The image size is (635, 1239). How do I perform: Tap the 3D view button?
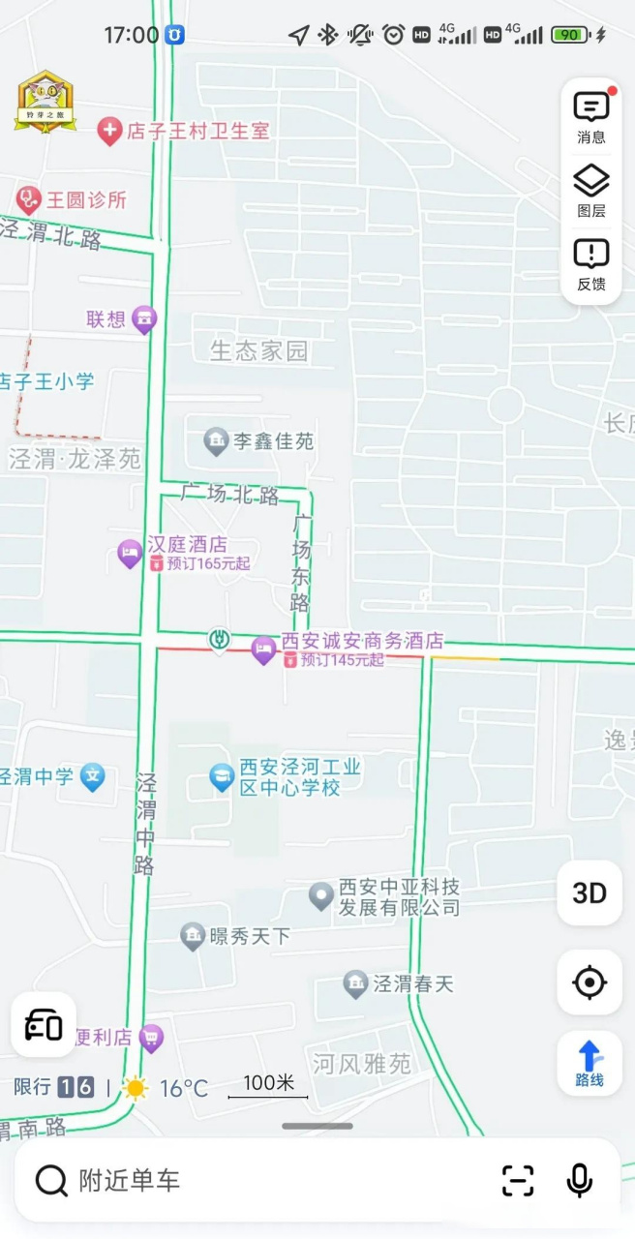(590, 892)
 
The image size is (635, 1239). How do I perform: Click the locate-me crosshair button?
(590, 982)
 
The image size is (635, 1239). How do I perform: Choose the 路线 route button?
(590, 1063)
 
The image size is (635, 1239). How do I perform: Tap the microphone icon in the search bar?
(579, 1180)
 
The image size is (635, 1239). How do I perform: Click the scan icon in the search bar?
(518, 1180)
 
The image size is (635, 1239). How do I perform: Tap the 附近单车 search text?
(129, 1180)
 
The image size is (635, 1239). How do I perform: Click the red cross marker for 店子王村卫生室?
(110, 131)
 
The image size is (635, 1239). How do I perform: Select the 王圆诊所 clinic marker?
(28, 200)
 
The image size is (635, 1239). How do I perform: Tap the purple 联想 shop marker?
(144, 318)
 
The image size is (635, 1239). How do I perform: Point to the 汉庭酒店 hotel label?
(187, 545)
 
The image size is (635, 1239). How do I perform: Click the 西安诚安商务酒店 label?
(362, 641)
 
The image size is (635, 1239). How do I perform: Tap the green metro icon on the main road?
(220, 639)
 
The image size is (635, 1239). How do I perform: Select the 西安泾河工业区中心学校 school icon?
(222, 776)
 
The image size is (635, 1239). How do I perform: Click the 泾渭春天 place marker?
(355, 984)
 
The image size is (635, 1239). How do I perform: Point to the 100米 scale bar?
(268, 1088)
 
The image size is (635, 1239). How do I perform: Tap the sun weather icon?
(136, 1088)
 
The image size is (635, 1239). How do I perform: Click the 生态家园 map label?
(258, 350)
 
